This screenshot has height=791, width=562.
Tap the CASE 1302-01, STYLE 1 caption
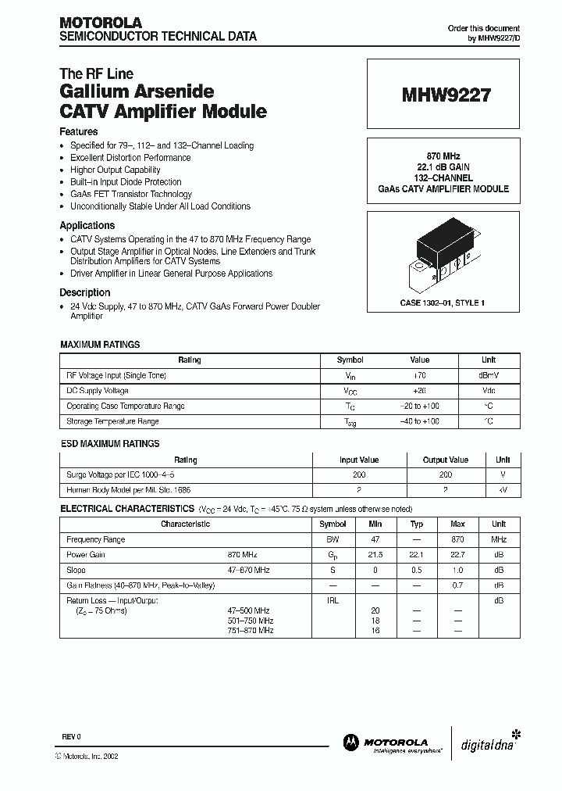[443, 302]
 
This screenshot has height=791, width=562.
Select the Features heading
[79, 132]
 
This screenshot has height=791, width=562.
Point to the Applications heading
[87, 225]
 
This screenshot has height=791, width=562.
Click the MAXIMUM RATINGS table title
[100, 344]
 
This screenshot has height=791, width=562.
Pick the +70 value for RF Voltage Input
[420, 376]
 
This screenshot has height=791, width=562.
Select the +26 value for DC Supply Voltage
[420, 391]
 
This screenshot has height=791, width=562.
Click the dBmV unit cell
[488, 376]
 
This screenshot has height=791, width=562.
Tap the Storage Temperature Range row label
[112, 421]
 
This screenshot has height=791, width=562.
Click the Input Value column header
[359, 460]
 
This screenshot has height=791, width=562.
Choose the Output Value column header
[446, 460]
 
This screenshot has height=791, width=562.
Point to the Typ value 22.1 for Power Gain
[417, 555]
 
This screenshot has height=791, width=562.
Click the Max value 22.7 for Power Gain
[458, 555]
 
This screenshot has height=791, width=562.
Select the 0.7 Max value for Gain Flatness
[458, 585]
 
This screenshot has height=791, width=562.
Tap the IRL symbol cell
[333, 600]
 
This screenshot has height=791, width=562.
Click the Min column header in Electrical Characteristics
[375, 524]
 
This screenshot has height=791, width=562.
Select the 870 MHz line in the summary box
[443, 156]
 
